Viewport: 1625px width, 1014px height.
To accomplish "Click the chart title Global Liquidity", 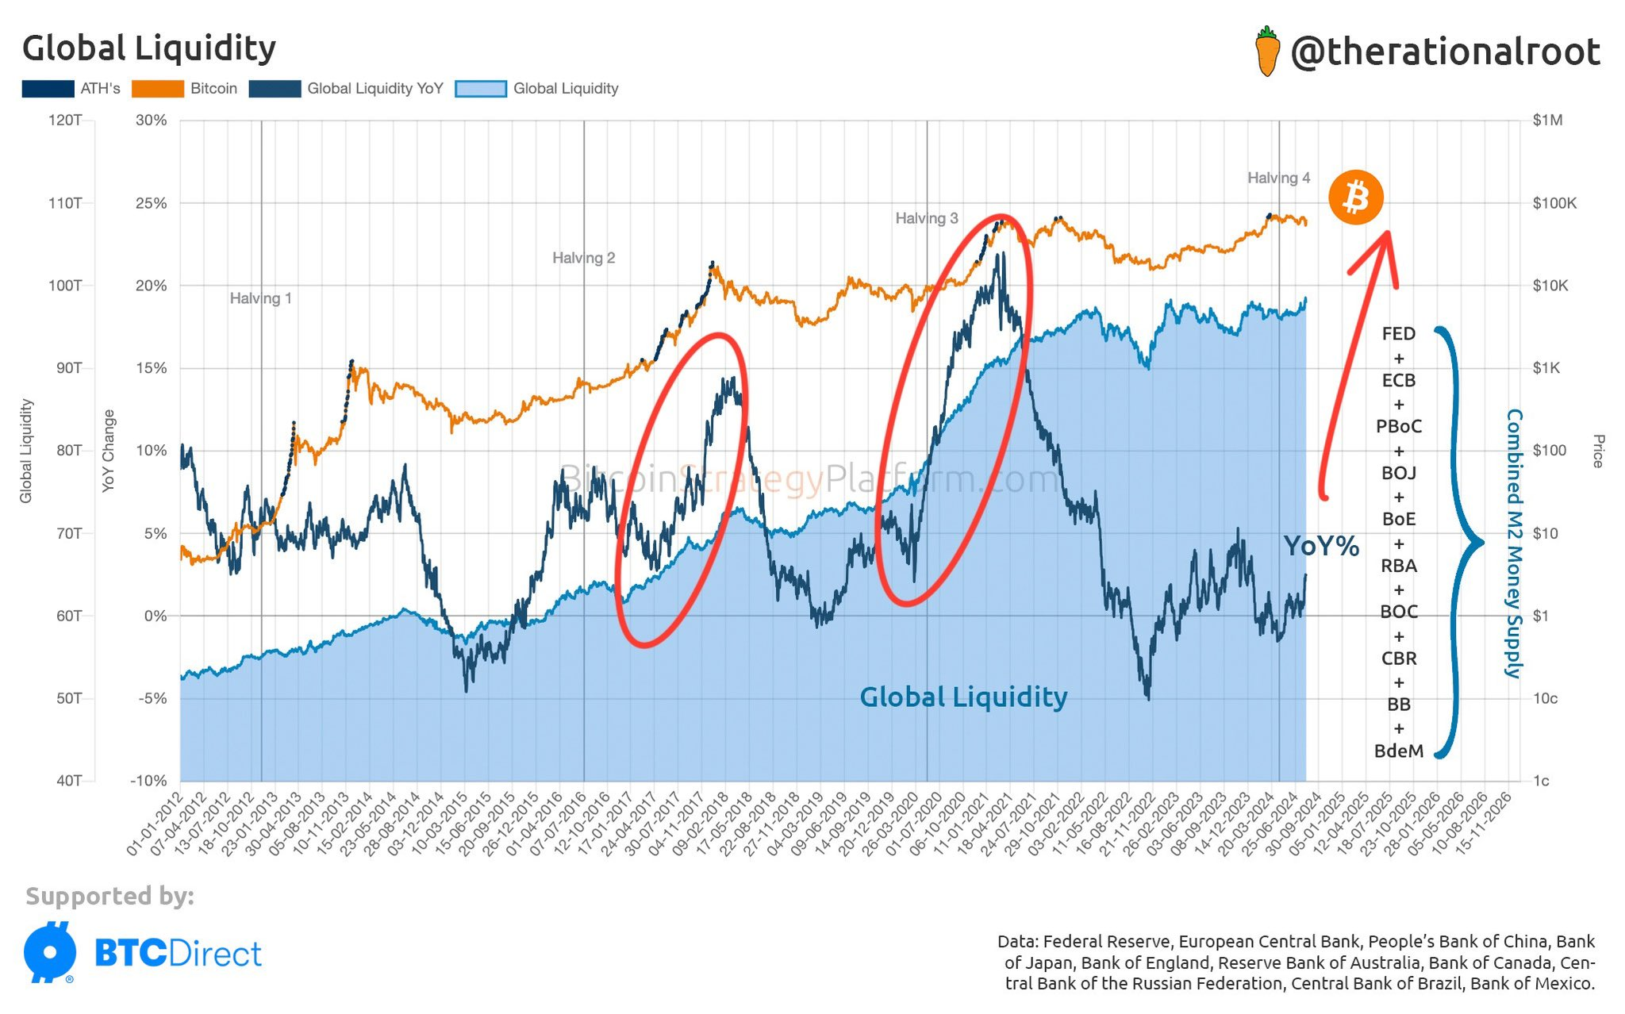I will point(149,48).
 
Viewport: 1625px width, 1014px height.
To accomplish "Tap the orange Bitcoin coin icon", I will point(1356,197).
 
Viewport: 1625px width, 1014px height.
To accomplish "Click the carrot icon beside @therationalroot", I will point(1268,52).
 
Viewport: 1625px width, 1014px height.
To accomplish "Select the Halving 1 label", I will point(260,298).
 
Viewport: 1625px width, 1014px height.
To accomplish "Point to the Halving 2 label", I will point(583,258).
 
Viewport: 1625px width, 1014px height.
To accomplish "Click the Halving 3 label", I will point(926,218).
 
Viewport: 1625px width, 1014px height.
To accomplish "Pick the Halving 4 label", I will point(1278,178).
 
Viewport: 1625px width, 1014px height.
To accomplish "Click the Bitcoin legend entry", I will point(185,89).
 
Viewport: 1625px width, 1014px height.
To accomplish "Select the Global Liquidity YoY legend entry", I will point(346,89).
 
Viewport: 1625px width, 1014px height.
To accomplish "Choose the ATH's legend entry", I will point(71,89).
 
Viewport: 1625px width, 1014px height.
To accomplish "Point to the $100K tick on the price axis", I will point(1554,203).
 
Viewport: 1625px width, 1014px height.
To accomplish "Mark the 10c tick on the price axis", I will point(1544,698).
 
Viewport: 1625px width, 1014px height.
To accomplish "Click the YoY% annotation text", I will point(1321,547).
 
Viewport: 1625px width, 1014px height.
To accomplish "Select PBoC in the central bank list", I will point(1398,426).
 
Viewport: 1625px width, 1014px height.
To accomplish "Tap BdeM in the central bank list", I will point(1398,751).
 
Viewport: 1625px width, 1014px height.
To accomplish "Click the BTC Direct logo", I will point(143,952).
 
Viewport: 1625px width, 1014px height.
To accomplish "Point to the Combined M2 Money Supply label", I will point(1515,543).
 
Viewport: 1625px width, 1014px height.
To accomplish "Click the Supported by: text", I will point(109,896).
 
